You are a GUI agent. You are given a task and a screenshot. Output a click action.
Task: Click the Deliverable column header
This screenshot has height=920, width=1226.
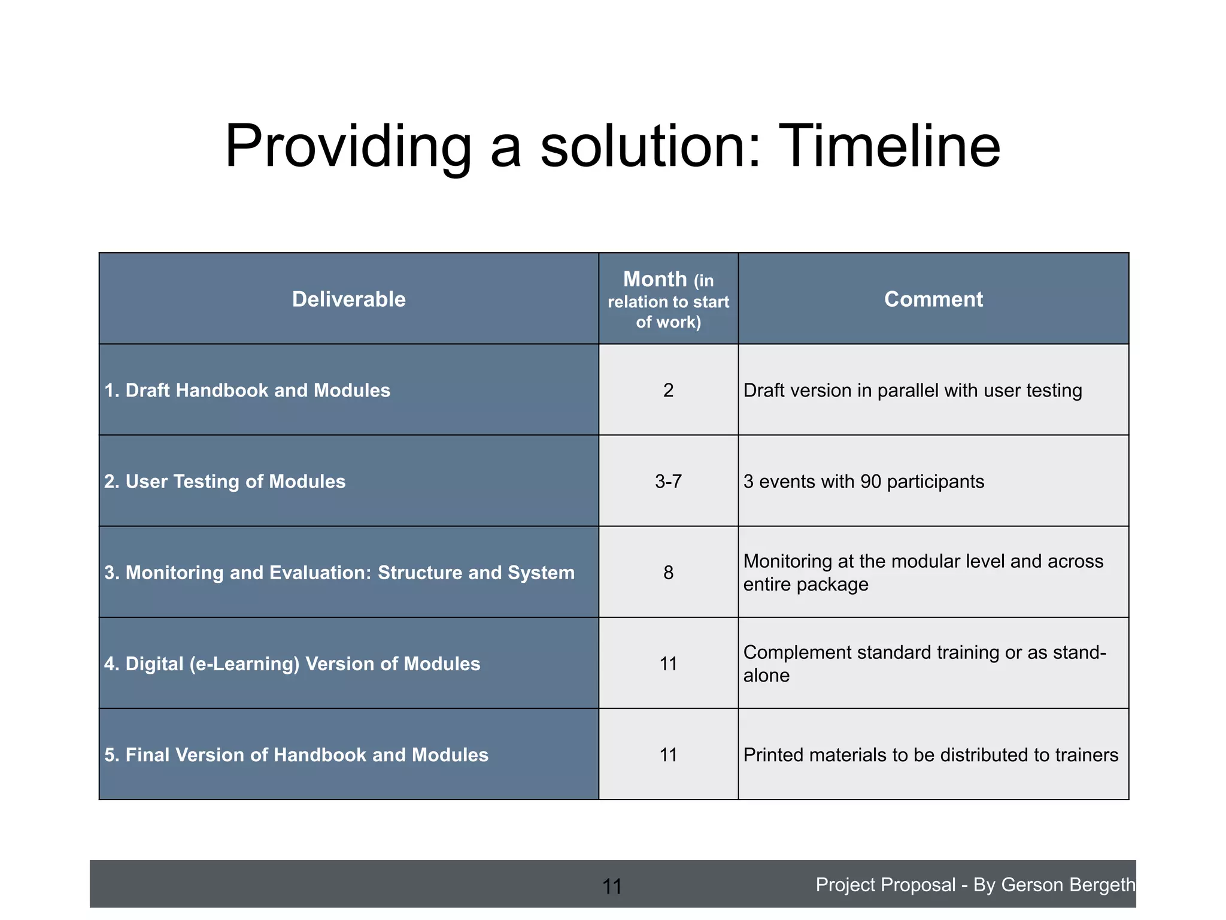click(348, 299)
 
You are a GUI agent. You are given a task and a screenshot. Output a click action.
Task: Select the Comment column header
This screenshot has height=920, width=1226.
click(933, 299)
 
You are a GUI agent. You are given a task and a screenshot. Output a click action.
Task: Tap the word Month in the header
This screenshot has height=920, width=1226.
click(655, 279)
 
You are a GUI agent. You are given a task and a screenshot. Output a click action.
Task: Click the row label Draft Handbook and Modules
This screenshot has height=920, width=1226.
click(247, 391)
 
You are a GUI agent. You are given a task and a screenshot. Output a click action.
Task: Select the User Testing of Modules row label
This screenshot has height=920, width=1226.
click(225, 482)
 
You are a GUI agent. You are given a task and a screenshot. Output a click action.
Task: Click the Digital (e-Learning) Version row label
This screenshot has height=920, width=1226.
click(292, 664)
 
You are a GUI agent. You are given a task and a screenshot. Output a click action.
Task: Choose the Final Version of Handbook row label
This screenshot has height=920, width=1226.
click(296, 755)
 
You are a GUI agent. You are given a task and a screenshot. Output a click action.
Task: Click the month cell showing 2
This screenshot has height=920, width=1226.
click(668, 391)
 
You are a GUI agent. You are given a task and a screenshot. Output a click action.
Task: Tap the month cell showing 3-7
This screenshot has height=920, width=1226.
click(668, 482)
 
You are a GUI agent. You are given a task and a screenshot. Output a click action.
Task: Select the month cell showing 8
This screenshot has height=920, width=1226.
click(668, 573)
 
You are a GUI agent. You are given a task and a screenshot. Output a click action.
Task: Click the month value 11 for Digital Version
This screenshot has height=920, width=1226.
click(668, 664)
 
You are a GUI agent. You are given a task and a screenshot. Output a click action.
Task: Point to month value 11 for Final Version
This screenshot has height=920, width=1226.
click(668, 755)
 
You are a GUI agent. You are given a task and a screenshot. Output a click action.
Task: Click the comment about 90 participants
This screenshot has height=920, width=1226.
click(863, 482)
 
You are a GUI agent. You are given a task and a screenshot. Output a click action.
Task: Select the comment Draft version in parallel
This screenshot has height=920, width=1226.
click(912, 391)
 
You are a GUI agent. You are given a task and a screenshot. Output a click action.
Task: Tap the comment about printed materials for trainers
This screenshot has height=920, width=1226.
click(930, 755)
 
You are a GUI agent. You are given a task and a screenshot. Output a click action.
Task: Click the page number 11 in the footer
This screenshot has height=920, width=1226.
click(612, 886)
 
